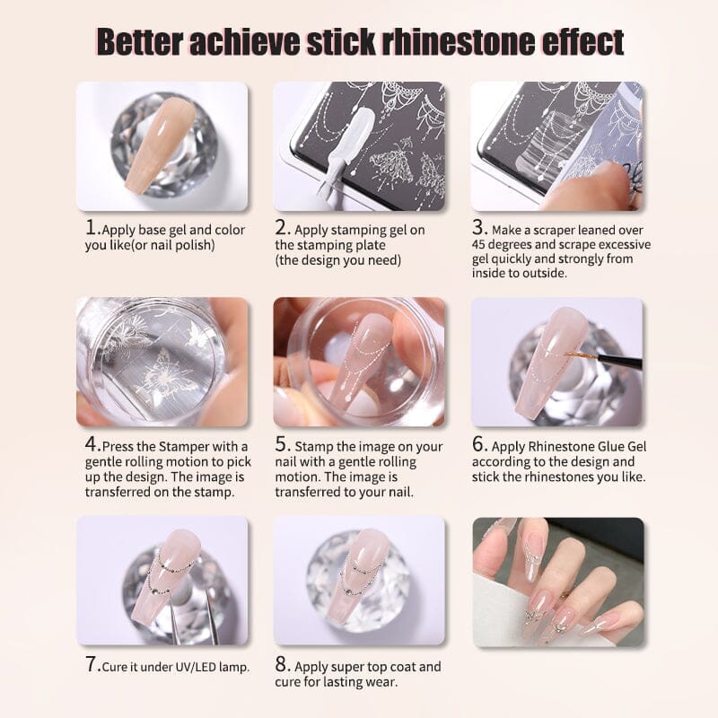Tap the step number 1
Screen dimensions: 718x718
click(91, 228)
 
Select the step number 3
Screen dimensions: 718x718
click(478, 228)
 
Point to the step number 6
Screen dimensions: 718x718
click(478, 444)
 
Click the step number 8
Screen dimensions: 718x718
click(281, 664)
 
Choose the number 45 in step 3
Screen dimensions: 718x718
click(479, 245)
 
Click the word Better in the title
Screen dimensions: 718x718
click(141, 42)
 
